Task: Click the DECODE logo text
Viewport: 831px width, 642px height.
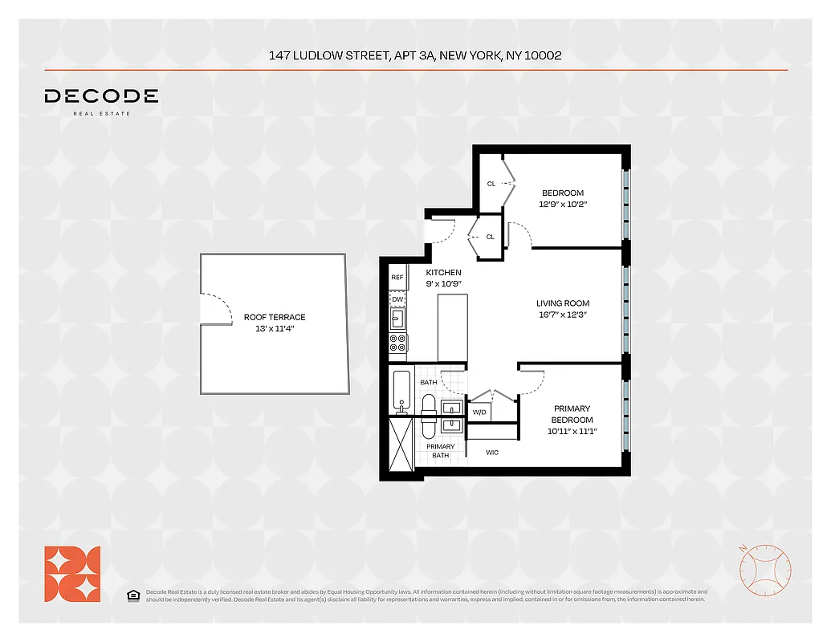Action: [101, 96]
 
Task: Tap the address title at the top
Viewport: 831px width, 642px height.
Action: [415, 55]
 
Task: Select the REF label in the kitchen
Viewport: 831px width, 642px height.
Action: [397, 278]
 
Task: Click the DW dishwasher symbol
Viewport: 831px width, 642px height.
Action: [397, 299]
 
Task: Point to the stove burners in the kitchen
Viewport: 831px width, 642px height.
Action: [397, 343]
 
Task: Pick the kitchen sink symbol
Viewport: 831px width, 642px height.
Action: [397, 320]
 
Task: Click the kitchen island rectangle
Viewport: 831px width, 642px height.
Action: [452, 327]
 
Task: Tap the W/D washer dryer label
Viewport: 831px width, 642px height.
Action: [479, 412]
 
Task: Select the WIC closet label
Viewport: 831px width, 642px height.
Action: [492, 453]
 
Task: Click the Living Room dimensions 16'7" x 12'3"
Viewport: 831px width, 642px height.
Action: [563, 315]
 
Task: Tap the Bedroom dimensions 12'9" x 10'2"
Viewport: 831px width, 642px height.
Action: [563, 204]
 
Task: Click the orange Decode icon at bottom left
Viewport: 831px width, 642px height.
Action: [72, 574]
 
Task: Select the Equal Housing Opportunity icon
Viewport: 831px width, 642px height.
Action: [132, 595]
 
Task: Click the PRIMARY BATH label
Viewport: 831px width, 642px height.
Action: [440, 451]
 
